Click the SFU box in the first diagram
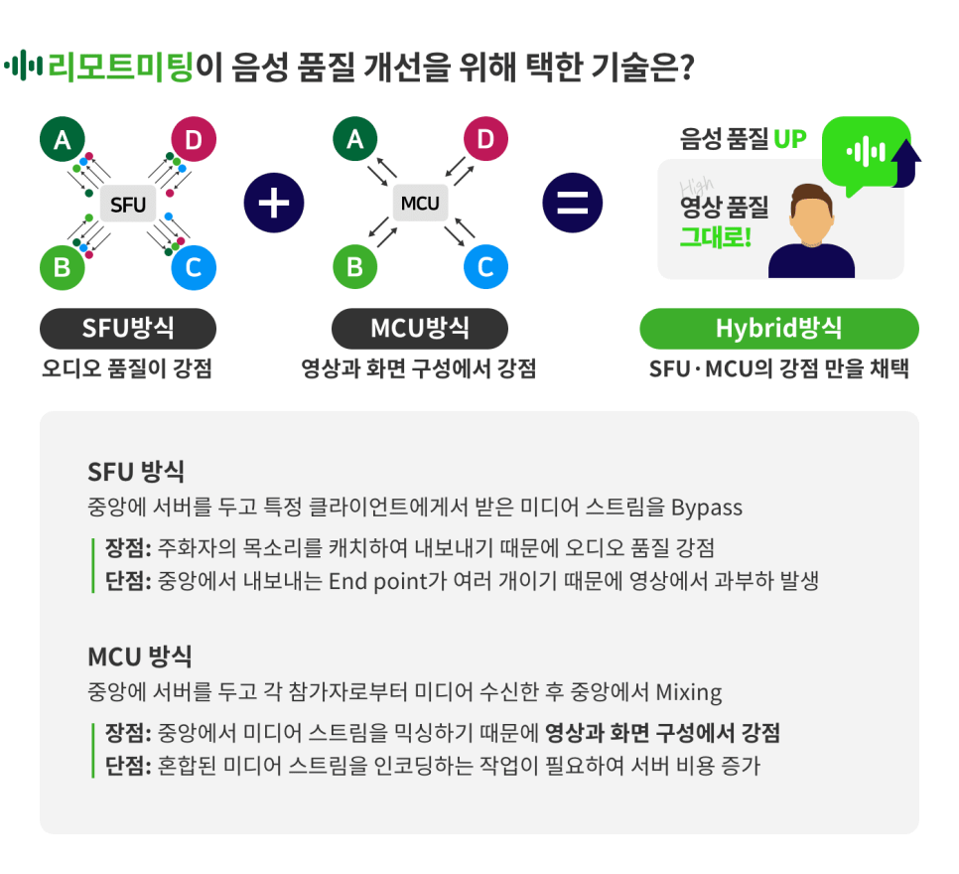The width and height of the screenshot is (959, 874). (128, 206)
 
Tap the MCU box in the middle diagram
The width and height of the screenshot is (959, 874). (420, 204)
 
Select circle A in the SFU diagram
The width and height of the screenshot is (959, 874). (63, 140)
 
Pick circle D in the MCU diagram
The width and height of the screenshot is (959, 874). (484, 140)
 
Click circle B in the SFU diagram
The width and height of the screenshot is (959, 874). (63, 267)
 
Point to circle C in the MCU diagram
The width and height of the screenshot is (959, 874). (484, 267)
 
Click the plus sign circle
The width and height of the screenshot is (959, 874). (273, 203)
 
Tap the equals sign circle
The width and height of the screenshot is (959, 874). (572, 203)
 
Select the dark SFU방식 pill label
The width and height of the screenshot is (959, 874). (128, 329)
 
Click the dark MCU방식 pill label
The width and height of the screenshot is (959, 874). (420, 329)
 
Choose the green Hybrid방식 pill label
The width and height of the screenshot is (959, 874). (778, 329)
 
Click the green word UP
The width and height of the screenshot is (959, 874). (789, 139)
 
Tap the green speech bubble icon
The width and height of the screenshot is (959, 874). (865, 152)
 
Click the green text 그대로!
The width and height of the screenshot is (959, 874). (715, 237)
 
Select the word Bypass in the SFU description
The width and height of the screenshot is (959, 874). (707, 508)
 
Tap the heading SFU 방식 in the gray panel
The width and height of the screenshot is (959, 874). (136, 471)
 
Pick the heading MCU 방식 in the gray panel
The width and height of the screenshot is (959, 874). (140, 655)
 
